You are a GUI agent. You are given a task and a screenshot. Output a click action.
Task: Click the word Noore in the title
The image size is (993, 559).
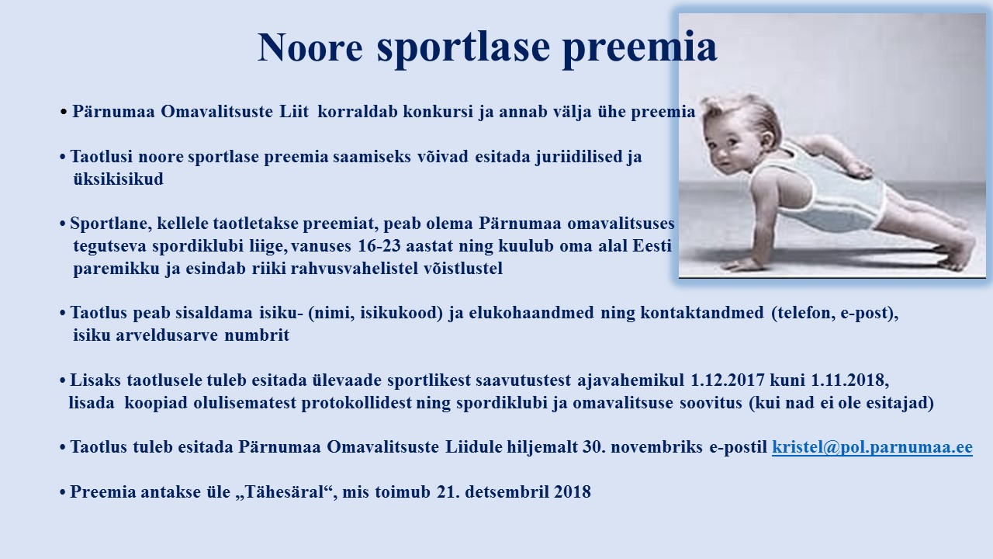(x=310, y=47)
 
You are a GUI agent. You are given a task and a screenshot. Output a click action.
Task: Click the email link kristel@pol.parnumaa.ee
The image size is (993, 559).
(x=872, y=446)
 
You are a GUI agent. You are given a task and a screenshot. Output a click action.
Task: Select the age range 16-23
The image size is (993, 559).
(x=379, y=245)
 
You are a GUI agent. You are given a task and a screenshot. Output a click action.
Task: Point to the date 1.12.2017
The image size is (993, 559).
(x=728, y=380)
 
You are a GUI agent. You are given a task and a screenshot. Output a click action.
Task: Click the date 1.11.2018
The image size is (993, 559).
(x=849, y=380)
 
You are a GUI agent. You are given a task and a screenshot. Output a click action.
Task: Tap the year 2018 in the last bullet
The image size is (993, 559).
(x=573, y=491)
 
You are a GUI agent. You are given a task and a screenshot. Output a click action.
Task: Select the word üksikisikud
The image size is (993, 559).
(x=119, y=179)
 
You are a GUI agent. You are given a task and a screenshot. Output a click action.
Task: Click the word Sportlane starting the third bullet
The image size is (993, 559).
(x=111, y=223)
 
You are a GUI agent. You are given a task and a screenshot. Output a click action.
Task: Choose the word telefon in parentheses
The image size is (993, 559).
(x=804, y=312)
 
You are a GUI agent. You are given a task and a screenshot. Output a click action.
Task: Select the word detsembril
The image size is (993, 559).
(x=507, y=491)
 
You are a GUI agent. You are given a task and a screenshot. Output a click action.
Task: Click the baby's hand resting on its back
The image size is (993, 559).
(x=858, y=168)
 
